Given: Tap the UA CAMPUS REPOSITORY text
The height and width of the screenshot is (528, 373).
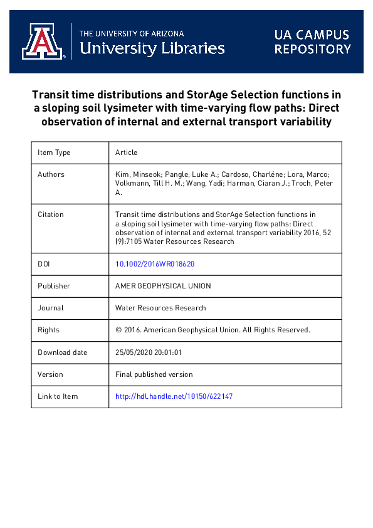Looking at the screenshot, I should tap(312, 41).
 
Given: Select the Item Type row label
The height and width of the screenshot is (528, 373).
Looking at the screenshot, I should tap(54, 152).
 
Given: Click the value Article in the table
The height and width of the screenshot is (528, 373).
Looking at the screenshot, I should tap(126, 152).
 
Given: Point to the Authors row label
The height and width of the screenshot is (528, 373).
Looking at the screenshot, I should tap(51, 174).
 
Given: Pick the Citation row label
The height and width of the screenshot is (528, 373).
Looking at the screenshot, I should tap(51, 214).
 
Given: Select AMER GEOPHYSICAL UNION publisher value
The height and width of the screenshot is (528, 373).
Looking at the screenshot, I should tap(163, 286).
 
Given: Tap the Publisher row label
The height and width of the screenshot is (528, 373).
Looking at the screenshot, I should tap(54, 286).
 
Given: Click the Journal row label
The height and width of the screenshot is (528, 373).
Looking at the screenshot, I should tap(51, 308).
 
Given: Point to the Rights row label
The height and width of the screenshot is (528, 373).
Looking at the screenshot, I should tap(49, 330).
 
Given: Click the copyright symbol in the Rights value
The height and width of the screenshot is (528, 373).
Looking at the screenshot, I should tap(119, 330).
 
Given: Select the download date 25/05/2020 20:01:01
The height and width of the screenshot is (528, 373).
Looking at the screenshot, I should tap(149, 352).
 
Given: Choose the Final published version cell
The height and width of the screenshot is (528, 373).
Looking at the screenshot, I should tap(154, 374).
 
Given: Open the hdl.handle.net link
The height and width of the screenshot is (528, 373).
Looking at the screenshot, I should tap(174, 396).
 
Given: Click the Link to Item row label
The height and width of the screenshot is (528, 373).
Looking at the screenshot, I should tap(58, 396).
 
